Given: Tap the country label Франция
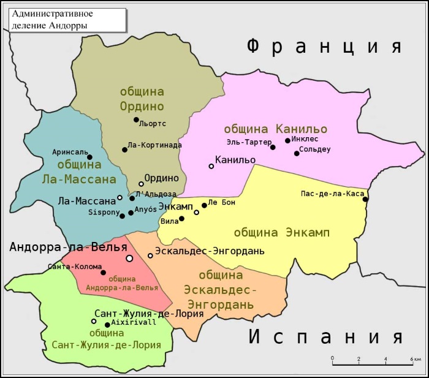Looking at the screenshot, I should [324, 47].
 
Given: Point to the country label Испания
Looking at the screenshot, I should [325, 338].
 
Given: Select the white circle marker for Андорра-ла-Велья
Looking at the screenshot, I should [129, 259].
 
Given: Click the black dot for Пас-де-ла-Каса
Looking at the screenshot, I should [365, 199].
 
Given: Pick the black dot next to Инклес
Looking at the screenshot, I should [287, 140].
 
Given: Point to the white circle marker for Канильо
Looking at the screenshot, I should [211, 166].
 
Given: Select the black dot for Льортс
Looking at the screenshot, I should [136, 119].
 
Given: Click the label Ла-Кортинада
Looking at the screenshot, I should [155, 145].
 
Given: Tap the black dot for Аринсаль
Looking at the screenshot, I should [89, 157].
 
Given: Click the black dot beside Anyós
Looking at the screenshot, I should [131, 213].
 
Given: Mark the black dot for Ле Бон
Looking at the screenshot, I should [204, 205].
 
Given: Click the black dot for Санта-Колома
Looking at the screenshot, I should [103, 273].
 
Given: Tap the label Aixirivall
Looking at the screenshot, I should [134, 322].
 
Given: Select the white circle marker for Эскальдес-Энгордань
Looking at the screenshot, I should [150, 255].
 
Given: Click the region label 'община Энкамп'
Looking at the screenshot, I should [281, 233].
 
